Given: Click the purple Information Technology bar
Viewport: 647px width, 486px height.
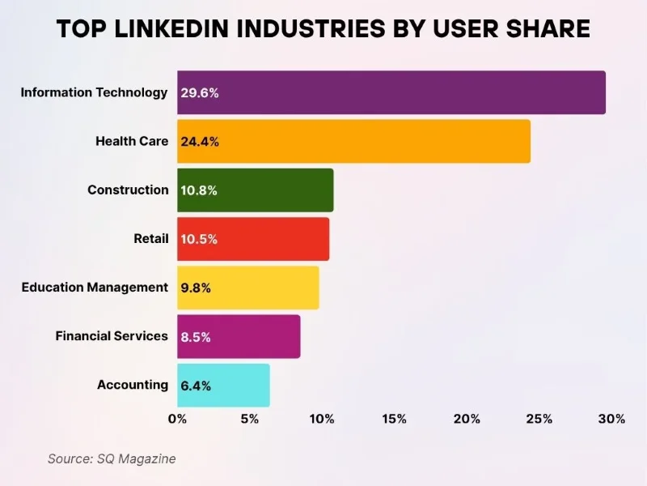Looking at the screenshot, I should pos(391,92).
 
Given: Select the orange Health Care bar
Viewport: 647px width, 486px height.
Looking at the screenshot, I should pos(354,141).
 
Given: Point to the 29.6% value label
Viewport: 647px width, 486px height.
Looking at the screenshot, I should pos(200,92).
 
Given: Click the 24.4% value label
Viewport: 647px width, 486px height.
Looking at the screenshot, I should pos(200,142).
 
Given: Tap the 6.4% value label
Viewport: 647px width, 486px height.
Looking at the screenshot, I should pos(196,386).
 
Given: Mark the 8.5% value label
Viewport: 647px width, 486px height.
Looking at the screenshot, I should pos(196,337).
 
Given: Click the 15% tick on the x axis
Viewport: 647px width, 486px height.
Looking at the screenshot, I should pos(395,419).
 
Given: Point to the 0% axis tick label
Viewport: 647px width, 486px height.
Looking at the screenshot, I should pos(177,419).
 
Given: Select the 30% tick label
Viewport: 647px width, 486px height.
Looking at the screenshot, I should pos(612,419).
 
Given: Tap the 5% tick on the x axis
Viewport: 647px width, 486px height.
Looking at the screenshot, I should pos(249,419).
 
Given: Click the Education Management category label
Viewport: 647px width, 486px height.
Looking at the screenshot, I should pos(95,288).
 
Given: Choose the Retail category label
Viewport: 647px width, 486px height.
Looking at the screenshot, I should pos(151,239).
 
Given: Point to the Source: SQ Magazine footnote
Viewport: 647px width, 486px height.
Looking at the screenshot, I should pos(112,458).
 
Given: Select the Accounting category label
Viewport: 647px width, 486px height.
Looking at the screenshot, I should pos(133,385).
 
